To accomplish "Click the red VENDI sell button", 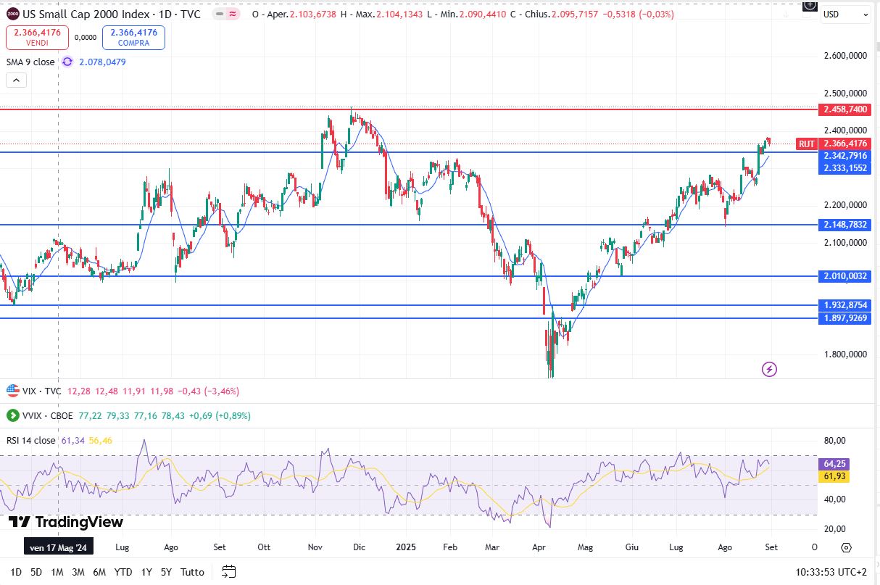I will tap(37, 38).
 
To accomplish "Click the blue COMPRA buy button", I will tap(133, 38).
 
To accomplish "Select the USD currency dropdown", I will tap(844, 14).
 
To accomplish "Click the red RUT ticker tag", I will tap(807, 144).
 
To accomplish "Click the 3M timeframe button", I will tap(79, 572).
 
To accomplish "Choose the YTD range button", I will tap(123, 572).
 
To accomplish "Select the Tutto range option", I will tap(192, 572).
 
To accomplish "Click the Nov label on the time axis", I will tap(315, 547).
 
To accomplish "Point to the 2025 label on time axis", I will tap(404, 547).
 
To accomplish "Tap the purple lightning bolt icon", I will tap(770, 369).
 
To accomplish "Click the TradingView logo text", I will tap(66, 522).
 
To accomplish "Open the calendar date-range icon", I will tap(229, 571).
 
